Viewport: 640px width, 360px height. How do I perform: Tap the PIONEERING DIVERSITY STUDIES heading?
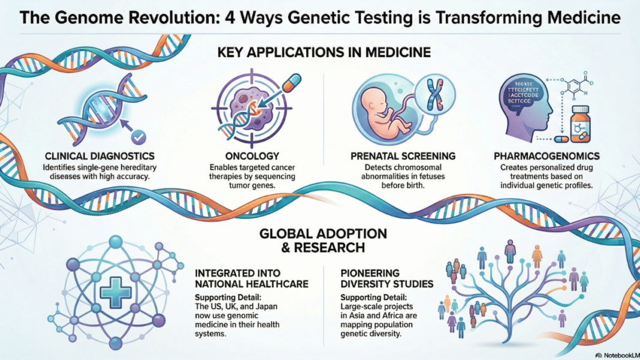pos(388,276)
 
